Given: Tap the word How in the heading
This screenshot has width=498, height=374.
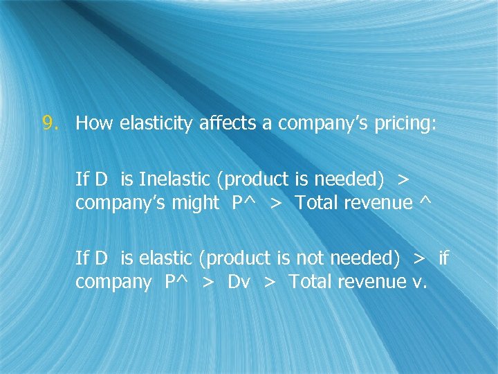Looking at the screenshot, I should tap(95, 124).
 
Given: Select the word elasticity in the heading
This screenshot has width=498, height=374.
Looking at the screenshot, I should tap(157, 125).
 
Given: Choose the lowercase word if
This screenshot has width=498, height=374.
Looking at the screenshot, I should tap(443, 258).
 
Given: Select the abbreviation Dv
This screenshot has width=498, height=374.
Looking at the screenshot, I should tap(239, 282).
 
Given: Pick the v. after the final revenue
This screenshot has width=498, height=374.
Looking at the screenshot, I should tap(421, 283).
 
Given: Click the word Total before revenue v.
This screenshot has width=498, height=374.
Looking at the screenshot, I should tap(309, 282).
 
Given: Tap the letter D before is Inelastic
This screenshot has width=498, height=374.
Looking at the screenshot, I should tap(101, 179).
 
